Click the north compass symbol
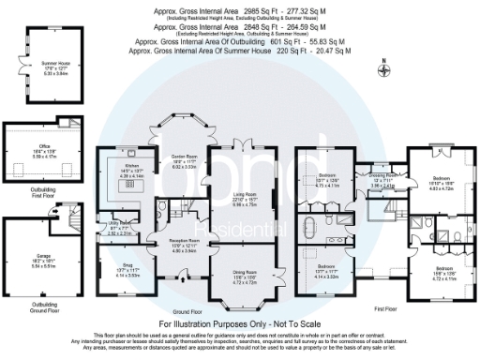(x=382, y=67)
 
